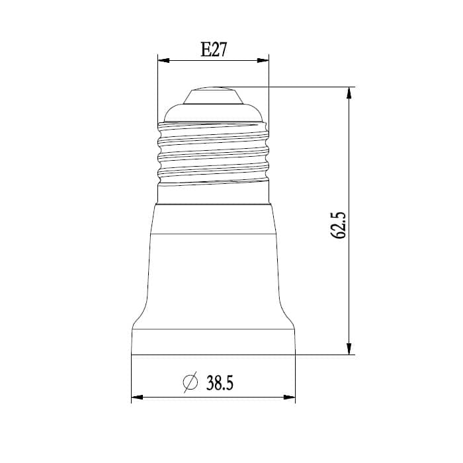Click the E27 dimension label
[214, 50]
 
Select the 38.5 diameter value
[220, 383]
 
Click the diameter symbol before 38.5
[190, 382]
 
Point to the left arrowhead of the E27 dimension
[163, 61]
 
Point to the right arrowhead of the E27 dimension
[263, 61]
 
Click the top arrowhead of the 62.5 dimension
[349, 93]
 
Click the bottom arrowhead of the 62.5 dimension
[349, 349]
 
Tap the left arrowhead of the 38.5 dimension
[137, 397]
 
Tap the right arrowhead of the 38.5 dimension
[290, 397]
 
